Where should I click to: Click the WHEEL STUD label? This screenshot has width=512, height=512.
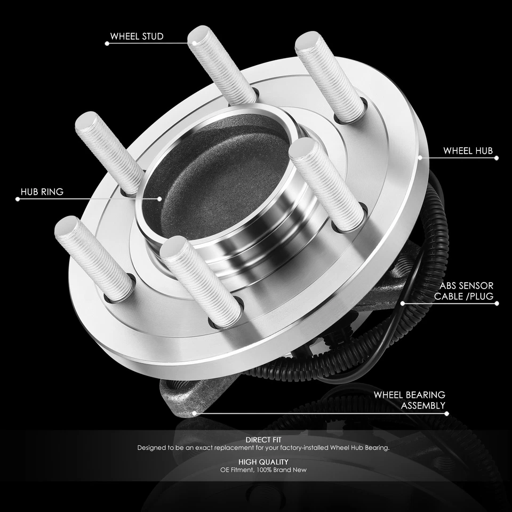tap(137, 37)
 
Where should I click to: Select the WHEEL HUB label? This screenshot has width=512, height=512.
tap(468, 151)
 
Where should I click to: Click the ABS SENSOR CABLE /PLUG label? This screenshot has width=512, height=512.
tap(463, 291)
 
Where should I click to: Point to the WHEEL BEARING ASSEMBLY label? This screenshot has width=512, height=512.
tap(409, 400)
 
